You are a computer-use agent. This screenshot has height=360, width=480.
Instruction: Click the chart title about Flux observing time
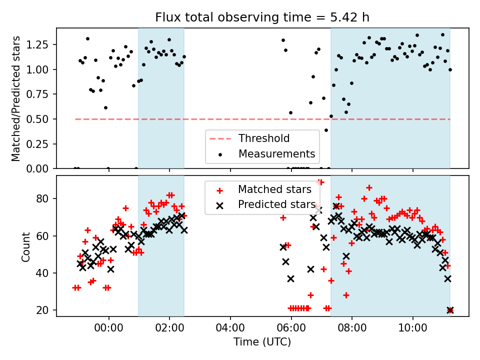point(262,17)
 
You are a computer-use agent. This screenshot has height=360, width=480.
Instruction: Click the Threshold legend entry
point(264,138)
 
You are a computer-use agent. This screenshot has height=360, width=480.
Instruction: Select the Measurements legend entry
point(276,153)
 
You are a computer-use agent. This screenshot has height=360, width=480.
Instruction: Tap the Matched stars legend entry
point(274,189)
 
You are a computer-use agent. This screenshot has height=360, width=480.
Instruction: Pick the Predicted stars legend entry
point(276,204)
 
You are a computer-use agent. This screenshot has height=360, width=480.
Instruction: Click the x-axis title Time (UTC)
point(262,342)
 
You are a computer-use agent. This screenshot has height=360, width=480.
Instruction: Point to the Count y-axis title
point(26,246)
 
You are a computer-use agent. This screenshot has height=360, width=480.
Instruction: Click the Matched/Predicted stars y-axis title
point(16,98)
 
